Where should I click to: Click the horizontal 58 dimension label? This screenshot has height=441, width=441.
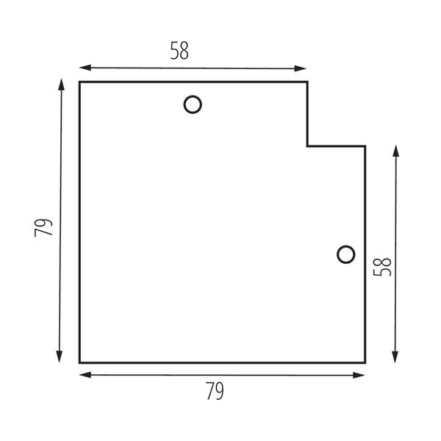click(179, 51)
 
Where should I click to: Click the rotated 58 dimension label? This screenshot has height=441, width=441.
click(382, 267)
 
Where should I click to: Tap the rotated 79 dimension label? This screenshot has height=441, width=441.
click(43, 228)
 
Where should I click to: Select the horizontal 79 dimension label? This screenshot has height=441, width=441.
click(215, 391)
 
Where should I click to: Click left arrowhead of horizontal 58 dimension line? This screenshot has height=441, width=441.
click(85, 68)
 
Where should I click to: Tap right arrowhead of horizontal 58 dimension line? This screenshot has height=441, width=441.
click(301, 68)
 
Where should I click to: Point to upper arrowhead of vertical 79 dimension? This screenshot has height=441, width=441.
click(61, 85)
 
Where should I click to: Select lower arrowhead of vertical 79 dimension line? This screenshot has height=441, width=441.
click(59, 357)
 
